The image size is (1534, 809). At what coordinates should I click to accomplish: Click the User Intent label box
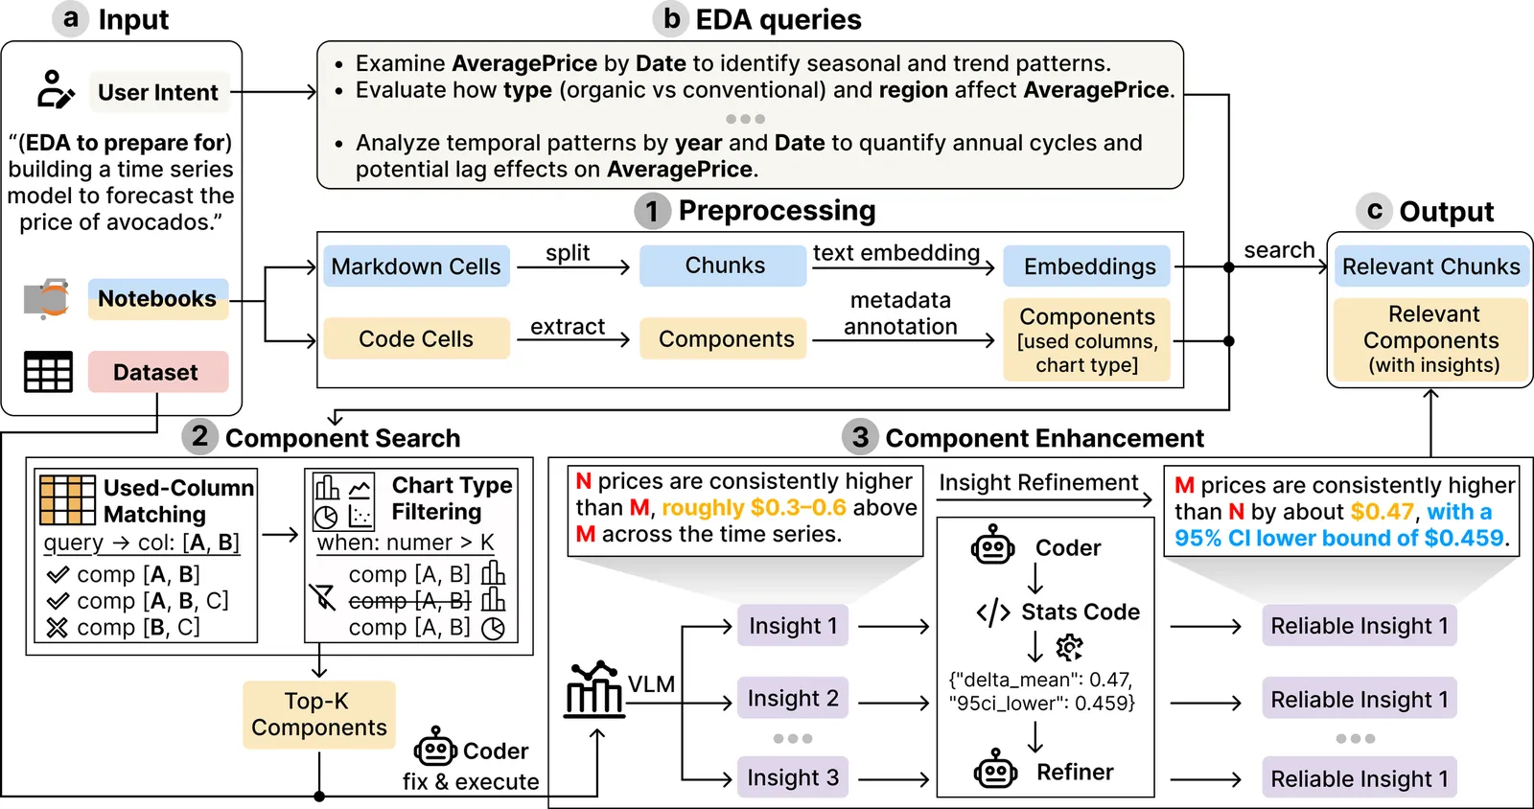click(158, 93)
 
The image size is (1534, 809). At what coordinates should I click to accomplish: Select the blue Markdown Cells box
click(415, 266)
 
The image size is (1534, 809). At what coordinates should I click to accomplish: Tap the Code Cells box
click(415, 338)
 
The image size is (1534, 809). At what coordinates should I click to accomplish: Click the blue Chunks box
click(724, 266)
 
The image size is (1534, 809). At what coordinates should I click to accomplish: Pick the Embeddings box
click(1088, 266)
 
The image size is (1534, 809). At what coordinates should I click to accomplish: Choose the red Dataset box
click(157, 372)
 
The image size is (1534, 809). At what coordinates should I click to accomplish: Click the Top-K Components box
click(318, 714)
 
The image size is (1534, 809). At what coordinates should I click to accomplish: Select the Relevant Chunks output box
click(1429, 266)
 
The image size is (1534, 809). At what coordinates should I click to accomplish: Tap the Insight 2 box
click(792, 699)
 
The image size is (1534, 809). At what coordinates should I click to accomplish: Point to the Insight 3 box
click(792, 777)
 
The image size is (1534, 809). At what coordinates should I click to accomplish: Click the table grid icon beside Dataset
click(48, 372)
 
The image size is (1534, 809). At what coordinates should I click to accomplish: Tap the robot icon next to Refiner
click(995, 770)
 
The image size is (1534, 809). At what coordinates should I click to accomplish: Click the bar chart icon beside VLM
click(594, 689)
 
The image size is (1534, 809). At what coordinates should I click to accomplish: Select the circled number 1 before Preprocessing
click(652, 211)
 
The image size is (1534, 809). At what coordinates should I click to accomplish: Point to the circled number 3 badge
click(860, 437)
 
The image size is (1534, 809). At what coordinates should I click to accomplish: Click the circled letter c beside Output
click(1374, 210)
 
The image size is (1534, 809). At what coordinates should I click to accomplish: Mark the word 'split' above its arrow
click(568, 253)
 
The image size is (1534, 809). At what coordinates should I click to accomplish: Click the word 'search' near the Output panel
click(1279, 250)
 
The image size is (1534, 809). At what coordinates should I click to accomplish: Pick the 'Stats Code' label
click(1080, 612)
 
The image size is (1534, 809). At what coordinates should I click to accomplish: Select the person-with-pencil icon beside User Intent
click(55, 89)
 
